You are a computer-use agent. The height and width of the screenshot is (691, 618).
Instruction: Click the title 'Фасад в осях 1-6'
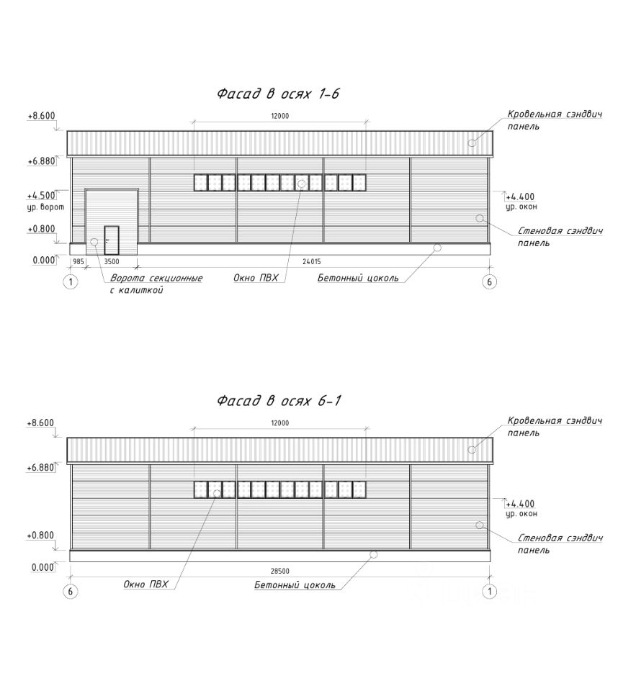(277, 94)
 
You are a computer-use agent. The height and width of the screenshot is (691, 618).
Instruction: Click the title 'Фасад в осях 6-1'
(277, 401)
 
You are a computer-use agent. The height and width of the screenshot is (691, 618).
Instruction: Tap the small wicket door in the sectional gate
(111, 239)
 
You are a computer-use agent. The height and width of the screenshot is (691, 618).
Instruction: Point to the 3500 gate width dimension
(112, 263)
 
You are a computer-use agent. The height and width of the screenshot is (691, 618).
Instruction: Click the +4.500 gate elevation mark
(40, 195)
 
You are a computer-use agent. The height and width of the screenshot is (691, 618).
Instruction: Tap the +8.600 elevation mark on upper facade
(41, 116)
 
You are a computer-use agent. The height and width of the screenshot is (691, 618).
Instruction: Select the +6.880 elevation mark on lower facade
(41, 468)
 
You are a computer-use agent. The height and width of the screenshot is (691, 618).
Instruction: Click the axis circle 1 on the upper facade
(71, 282)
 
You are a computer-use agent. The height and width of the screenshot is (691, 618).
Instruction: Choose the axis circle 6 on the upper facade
(489, 282)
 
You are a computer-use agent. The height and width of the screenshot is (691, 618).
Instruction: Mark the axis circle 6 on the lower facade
(71, 592)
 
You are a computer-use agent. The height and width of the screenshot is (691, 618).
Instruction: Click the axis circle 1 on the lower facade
(489, 592)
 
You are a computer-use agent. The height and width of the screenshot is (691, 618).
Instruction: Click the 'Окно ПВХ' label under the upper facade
(256, 277)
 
